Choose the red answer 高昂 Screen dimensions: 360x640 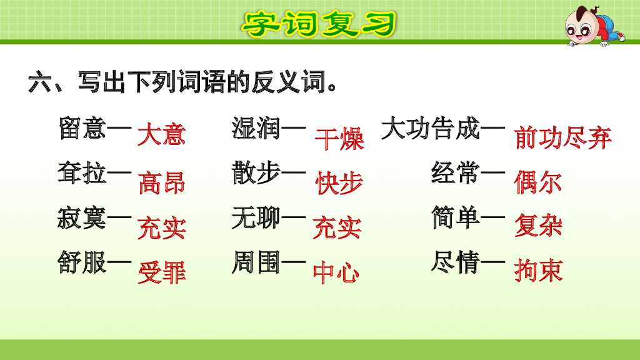click(162, 182)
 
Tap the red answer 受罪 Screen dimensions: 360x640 click(162, 272)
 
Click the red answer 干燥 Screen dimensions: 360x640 click(339, 139)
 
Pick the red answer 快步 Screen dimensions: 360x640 click(339, 182)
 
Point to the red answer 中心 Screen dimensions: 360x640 click(336, 272)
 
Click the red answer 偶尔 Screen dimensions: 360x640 click(538, 182)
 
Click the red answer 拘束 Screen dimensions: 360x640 click(538, 271)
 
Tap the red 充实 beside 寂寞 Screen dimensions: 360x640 click(162, 228)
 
